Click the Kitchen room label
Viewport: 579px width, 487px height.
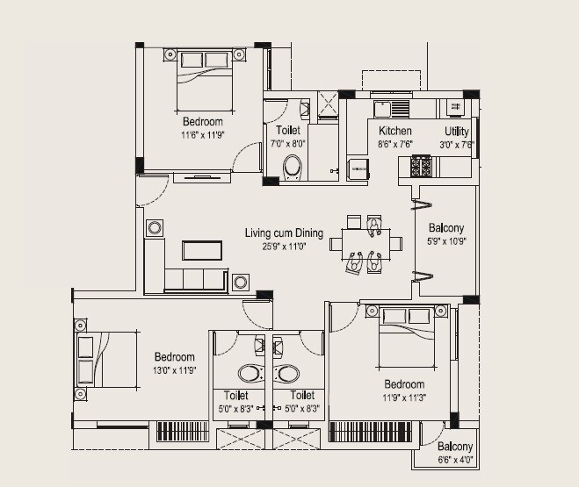click(394, 131)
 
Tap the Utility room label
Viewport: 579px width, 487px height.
click(457, 131)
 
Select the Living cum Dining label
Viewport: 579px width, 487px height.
click(284, 233)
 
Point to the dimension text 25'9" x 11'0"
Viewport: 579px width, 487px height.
click(285, 247)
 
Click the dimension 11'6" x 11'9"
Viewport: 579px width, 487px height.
click(203, 135)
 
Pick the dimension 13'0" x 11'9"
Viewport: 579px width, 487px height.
click(174, 370)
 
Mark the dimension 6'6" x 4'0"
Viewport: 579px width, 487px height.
click(455, 459)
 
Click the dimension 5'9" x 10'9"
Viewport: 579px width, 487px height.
click(446, 240)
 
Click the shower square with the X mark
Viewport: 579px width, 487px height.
click(328, 104)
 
